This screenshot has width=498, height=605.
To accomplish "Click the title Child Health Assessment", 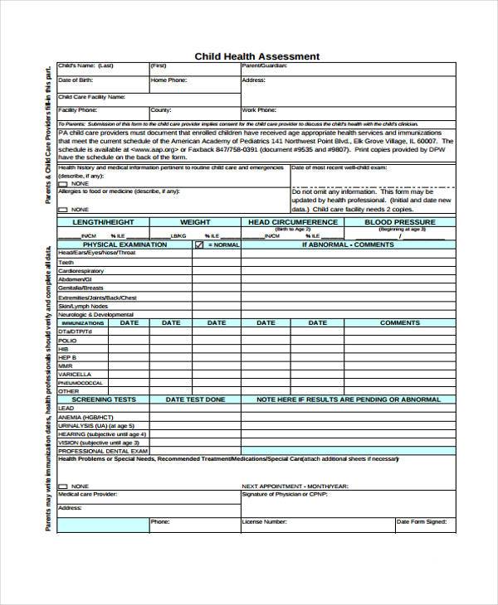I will click(x=256, y=56).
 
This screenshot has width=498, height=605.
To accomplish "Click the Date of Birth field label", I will click(x=76, y=80).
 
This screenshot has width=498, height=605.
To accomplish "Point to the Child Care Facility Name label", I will click(x=91, y=96).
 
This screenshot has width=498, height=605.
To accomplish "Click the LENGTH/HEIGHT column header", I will click(x=102, y=222).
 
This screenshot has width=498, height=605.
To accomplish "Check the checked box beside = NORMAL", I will click(x=198, y=245).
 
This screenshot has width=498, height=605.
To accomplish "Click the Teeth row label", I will click(x=66, y=262).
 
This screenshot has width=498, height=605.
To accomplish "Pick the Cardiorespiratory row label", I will click(x=81, y=271).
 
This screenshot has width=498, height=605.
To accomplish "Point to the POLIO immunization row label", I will click(x=67, y=341).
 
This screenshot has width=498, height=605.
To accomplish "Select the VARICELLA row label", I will click(x=75, y=374).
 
